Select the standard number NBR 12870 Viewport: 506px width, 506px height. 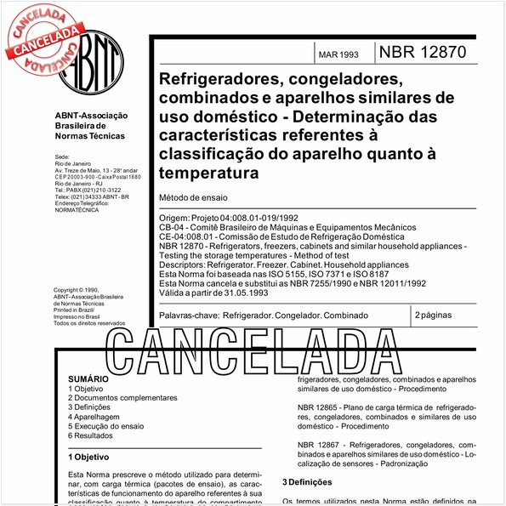423,52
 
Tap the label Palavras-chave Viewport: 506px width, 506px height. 188,316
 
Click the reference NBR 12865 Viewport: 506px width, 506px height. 318,408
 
